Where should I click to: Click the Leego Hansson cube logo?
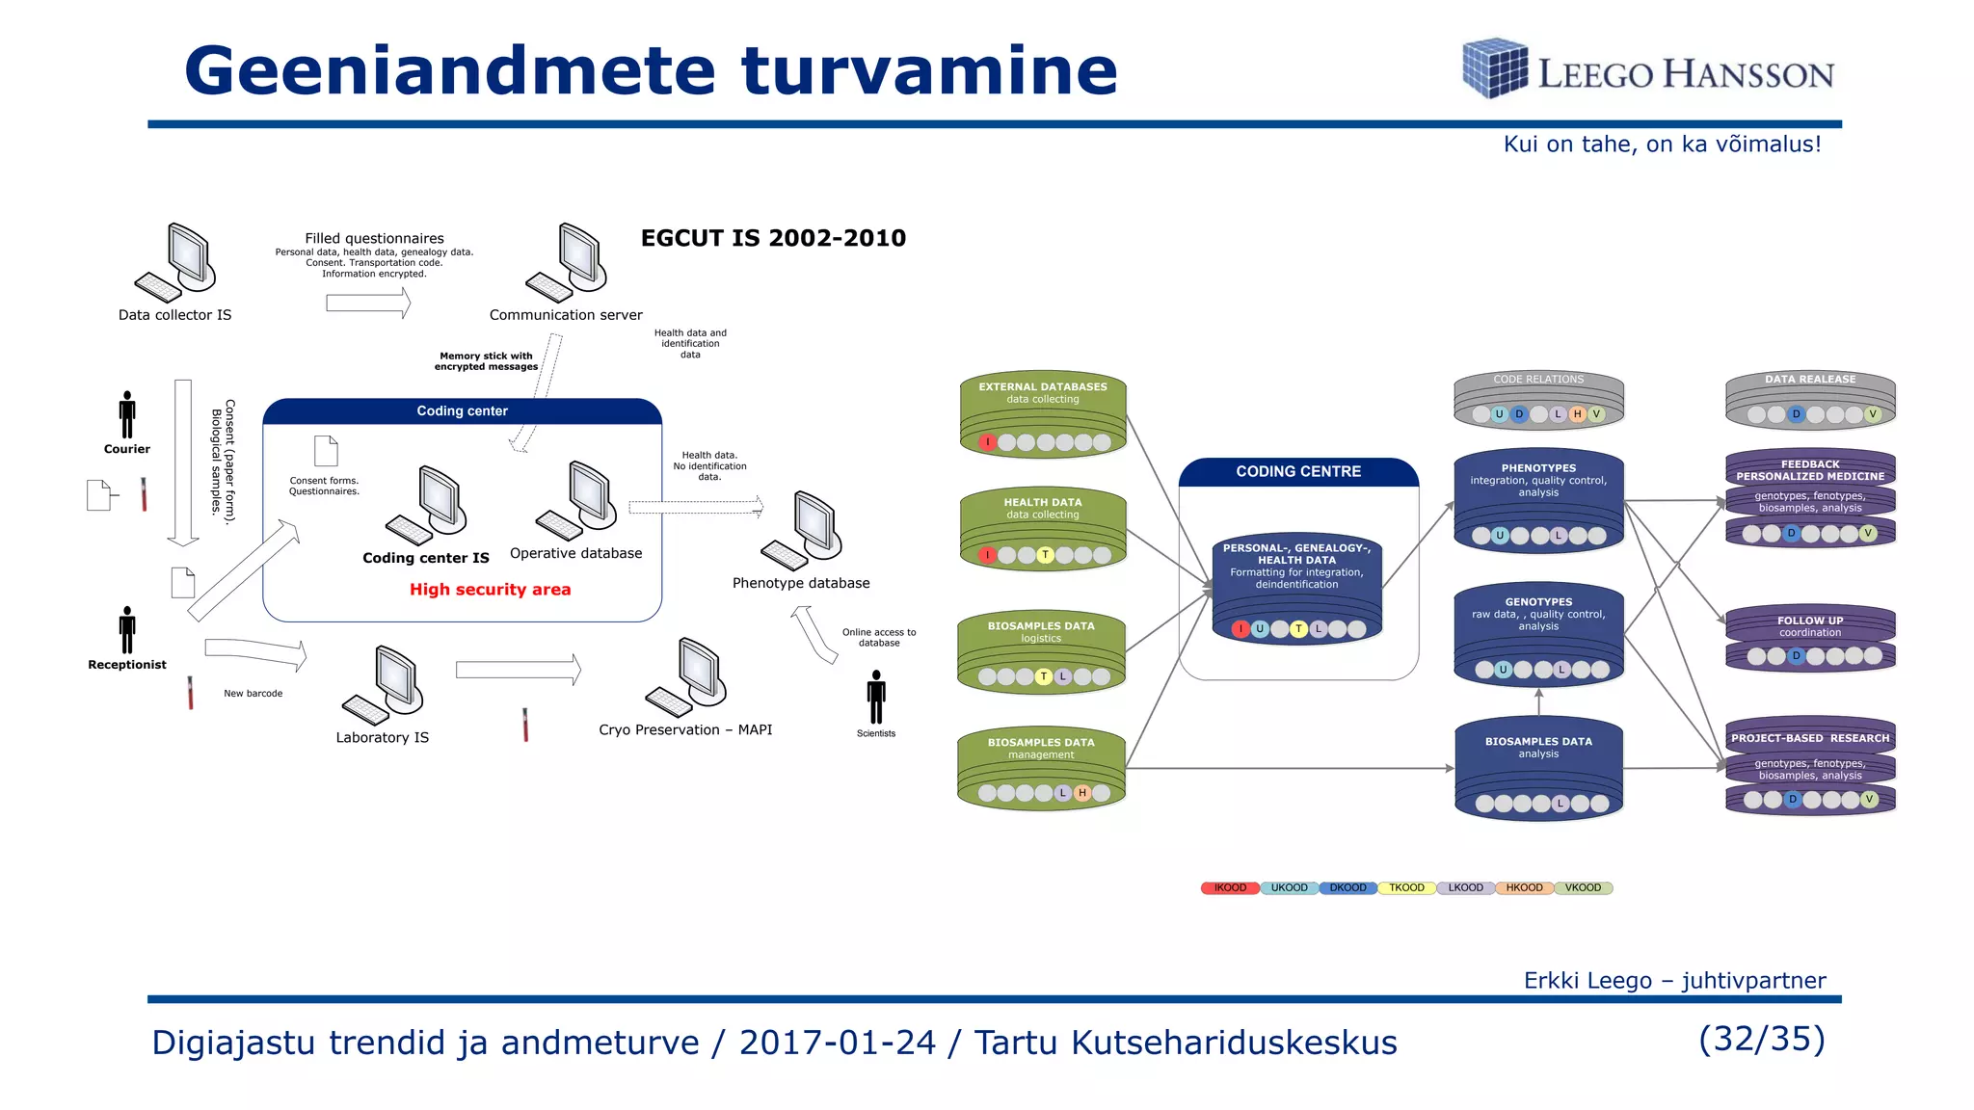pos(1495,67)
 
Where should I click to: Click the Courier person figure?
pos(127,415)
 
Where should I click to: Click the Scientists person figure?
pos(876,698)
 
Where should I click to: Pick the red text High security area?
pos(490,590)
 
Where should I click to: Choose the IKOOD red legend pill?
pos(1230,888)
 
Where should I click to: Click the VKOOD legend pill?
pos(1583,888)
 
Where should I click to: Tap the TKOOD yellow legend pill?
pos(1406,888)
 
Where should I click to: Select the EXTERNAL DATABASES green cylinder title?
pos(1043,387)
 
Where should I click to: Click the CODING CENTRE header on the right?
pos(1298,472)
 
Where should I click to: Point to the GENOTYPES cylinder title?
pos(1538,602)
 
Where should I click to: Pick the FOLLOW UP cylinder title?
pos(1810,621)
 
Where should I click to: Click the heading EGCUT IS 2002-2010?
pos(773,238)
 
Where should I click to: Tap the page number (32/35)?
pos(1762,1039)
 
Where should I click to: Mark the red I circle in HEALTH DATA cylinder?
pos(987,555)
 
